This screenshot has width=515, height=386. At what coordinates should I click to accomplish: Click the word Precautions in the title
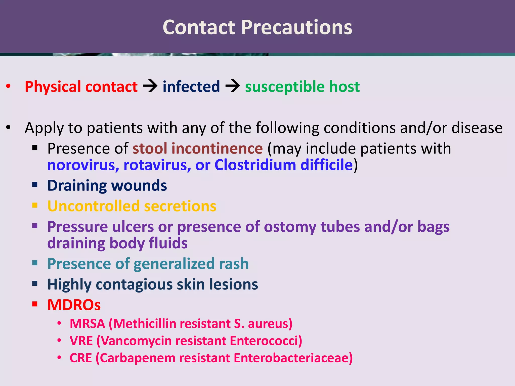296,28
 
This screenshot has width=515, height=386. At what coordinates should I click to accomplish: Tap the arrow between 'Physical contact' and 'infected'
150,86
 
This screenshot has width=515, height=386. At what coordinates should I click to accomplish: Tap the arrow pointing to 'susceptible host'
233,86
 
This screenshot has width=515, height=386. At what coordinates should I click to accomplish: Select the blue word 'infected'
191,87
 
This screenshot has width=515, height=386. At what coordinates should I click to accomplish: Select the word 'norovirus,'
83,165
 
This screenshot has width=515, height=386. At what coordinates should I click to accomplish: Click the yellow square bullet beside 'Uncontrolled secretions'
35,205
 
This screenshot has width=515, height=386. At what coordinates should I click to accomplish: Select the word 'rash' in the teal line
234,264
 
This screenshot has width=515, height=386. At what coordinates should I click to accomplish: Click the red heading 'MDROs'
74,305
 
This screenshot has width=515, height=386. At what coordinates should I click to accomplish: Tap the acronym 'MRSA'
87,323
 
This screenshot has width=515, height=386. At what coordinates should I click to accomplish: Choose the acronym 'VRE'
81,341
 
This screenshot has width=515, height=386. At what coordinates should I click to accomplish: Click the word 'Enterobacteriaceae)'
293,358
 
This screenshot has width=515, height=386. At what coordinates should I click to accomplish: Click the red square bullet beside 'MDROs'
35,304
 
